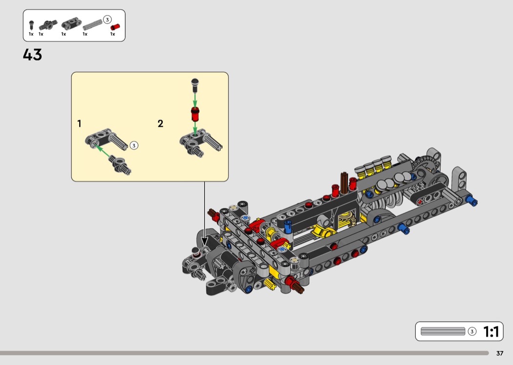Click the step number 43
point(32,55)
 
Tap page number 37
point(500,353)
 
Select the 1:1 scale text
point(492,332)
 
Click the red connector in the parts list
point(115,27)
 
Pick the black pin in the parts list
point(31,25)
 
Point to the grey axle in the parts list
point(93,25)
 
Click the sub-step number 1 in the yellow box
point(79,123)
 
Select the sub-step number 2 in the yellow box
point(160,123)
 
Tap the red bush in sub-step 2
point(195,114)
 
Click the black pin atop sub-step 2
point(195,84)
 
